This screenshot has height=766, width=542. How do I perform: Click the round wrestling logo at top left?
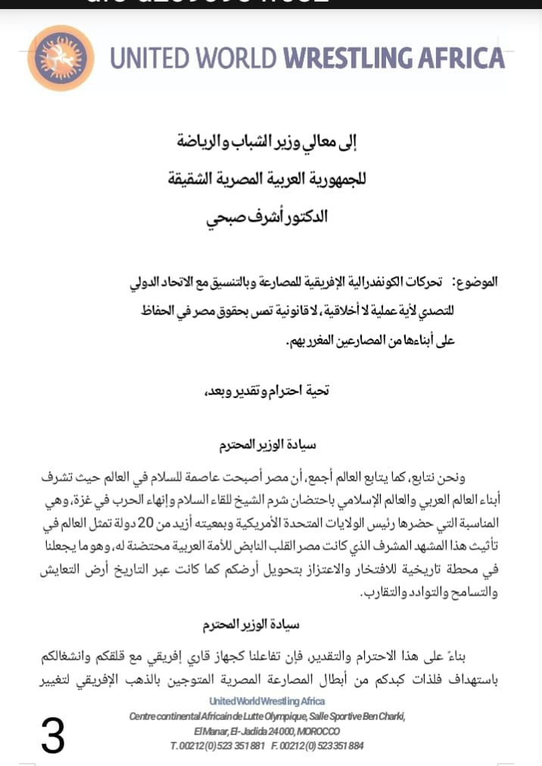pyautogui.click(x=61, y=58)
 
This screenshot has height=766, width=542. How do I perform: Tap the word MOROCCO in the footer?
pyautogui.click(x=317, y=731)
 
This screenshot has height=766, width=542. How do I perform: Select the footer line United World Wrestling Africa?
pyautogui.click(x=267, y=701)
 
